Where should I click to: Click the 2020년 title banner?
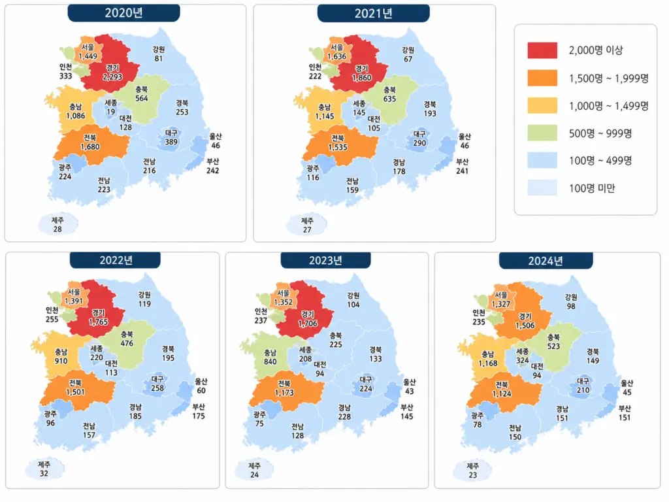coord(123,13)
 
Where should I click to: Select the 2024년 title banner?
coord(546,260)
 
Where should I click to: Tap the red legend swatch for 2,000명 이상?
coord(542,50)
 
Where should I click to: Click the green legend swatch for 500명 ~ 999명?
coord(542,133)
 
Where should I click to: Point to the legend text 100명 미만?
coord(592,188)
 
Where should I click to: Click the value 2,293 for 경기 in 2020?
coord(112,77)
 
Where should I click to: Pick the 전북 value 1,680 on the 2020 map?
coord(90,147)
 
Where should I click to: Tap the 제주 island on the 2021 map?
coord(307,225)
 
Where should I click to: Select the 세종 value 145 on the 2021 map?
coord(359,112)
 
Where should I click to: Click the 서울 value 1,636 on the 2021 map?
coord(337,56)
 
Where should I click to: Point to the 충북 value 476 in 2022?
coord(127,343)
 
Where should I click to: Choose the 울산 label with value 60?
coord(201,386)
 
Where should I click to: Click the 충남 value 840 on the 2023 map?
coord(270,361)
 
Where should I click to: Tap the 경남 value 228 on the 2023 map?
coord(344,416)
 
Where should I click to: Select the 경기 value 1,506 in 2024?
coord(525,326)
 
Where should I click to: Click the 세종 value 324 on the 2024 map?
coord(523,360)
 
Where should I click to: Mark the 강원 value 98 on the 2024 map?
coord(571,306)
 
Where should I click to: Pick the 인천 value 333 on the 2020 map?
coord(66,76)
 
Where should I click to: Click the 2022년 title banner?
coord(116,260)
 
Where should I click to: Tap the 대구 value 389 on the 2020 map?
coord(171,142)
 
